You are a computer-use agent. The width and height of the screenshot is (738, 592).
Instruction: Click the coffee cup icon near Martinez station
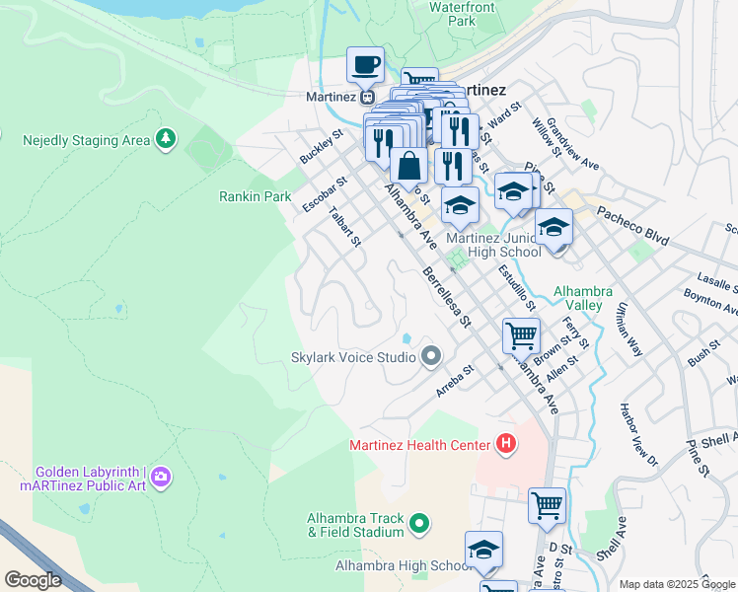(x=365, y=65)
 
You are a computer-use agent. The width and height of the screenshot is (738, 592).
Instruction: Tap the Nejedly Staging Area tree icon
(x=168, y=139)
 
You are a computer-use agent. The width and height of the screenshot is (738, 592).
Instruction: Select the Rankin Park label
(x=255, y=196)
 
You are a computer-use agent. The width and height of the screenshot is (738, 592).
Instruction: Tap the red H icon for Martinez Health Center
(x=506, y=445)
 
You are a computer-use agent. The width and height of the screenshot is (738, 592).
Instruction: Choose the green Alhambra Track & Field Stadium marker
(x=419, y=523)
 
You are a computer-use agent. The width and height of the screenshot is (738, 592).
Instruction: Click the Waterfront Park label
(x=454, y=13)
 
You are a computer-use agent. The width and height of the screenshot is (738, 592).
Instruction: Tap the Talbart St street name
(x=345, y=226)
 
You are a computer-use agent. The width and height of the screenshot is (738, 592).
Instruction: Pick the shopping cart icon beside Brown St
(x=521, y=335)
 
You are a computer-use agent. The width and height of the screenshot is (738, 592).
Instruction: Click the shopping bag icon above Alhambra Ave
(x=408, y=167)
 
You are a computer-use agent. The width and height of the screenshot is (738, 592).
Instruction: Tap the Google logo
(x=33, y=580)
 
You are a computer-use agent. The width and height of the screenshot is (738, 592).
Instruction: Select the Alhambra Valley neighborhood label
(x=583, y=298)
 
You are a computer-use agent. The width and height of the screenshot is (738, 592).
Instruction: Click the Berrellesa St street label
(x=447, y=295)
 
